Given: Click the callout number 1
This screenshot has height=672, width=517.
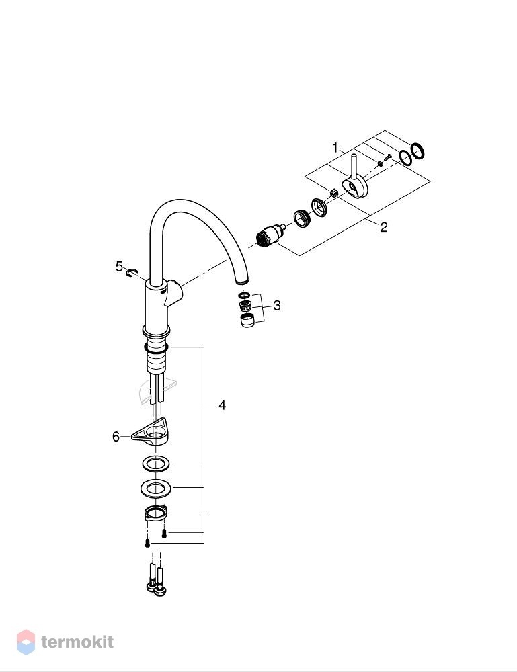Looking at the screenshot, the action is click(335, 149).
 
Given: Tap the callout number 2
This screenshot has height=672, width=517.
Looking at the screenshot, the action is click(384, 227).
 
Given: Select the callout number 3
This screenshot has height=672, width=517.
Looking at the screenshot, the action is click(277, 306).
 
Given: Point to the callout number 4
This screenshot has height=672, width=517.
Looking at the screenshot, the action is click(222, 405).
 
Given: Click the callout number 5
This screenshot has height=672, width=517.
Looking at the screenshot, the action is click(119, 267).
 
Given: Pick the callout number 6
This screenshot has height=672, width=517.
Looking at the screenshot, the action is click(116, 437).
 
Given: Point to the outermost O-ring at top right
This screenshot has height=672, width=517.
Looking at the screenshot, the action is click(417, 151).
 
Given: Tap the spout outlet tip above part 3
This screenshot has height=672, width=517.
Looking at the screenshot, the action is click(242, 281).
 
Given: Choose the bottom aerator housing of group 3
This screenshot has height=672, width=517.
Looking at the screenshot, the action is click(247, 320).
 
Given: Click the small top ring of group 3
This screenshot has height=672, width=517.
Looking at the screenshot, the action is click(244, 296).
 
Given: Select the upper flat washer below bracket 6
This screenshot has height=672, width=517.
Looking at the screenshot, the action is click(155, 464).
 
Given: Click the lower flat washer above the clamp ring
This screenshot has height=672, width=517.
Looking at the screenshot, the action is click(155, 488).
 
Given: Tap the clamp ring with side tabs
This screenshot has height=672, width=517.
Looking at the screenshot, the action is click(155, 513).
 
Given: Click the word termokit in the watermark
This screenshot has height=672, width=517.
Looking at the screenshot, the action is click(77, 642).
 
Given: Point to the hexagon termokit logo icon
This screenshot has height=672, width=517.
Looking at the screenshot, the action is click(26, 642).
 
